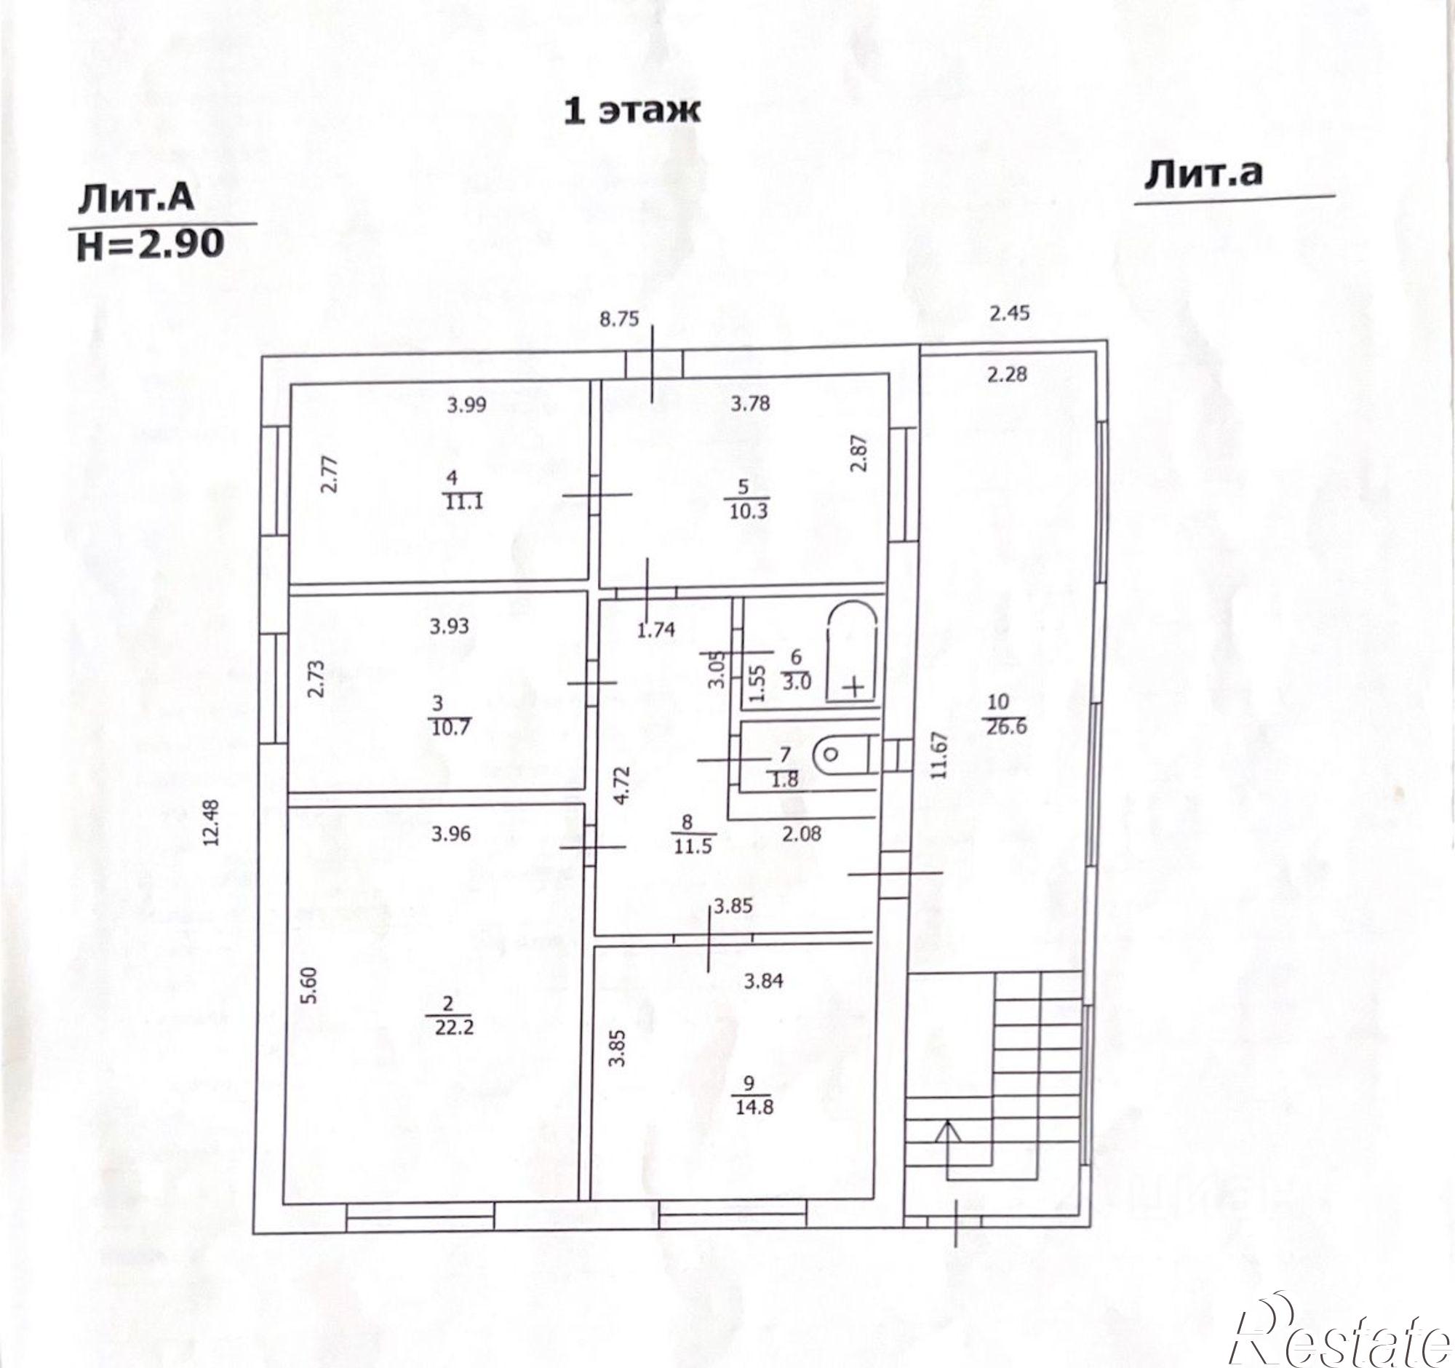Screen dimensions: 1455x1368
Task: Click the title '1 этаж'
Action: pos(631,111)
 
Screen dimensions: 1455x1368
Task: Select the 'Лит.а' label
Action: pos(1203,173)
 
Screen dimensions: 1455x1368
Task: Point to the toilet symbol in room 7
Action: pos(844,755)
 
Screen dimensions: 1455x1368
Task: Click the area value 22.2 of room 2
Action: pos(455,1027)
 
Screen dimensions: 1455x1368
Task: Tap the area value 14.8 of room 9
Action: pos(753,1107)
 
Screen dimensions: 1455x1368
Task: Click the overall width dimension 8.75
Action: pos(619,319)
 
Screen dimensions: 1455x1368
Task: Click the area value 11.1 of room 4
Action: pos(464,503)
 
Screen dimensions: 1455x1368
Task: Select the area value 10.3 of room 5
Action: pos(748,511)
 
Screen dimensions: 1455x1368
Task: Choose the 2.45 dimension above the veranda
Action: pos(1009,314)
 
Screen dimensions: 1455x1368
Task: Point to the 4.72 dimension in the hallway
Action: pos(621,784)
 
